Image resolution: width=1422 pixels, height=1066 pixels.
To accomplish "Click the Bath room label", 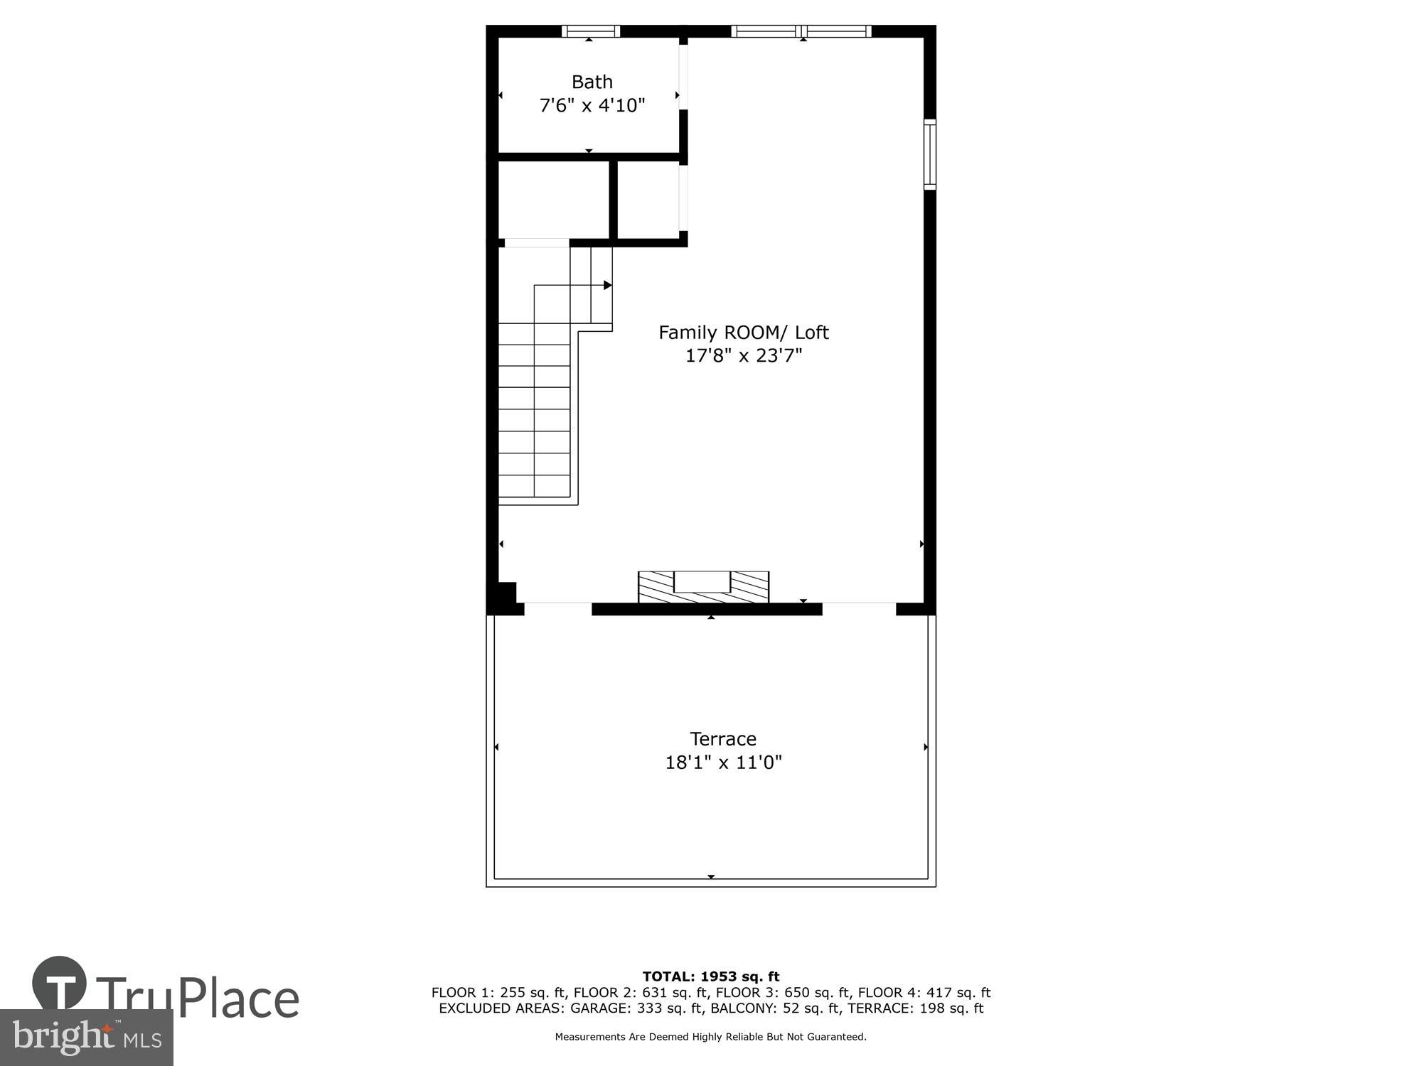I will pos(592,82).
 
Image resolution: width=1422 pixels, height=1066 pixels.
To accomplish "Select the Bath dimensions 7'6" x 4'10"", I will pos(592,106).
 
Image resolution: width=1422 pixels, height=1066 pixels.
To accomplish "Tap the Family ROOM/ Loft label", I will pos(743,333).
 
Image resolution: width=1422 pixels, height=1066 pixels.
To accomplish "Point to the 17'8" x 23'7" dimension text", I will pos(743,355).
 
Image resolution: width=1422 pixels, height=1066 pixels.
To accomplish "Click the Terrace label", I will pos(722,739).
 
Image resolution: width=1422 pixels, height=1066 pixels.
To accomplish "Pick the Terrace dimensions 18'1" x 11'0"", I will pos(722,763).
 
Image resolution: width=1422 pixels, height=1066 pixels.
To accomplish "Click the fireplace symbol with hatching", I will pos(703,587).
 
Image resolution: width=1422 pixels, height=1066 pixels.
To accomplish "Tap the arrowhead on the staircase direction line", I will pos(608,285).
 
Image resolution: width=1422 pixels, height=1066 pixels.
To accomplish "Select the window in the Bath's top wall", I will pos(590,31).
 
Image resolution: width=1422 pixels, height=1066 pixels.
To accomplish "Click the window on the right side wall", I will pos(929,155).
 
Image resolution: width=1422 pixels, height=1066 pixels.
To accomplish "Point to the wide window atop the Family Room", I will pos(801,31).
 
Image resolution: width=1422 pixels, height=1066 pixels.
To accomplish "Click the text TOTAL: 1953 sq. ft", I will pos(711,976).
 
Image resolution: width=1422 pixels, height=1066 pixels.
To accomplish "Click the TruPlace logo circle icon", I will pos(60,984).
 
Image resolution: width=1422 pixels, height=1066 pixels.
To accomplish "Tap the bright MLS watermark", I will pos(86,1038).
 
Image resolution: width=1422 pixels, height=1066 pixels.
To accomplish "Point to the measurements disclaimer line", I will pos(711,1037).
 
